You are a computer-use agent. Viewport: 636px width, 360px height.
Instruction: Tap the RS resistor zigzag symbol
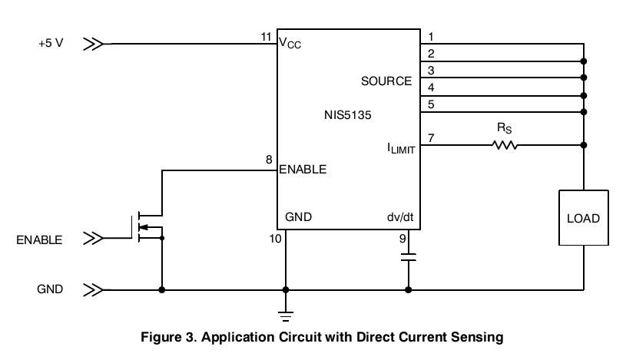coord(505,145)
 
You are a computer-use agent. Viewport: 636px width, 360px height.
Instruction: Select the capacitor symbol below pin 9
coord(408,257)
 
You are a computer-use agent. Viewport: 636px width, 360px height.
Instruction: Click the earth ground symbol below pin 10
coord(286,316)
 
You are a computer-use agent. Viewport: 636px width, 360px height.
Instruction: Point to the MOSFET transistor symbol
coord(146,227)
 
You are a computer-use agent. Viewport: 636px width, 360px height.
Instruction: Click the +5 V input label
coord(51,43)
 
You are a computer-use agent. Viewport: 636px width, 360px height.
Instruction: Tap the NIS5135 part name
coord(348,115)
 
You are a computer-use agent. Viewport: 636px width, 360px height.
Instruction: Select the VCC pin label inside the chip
coord(290,43)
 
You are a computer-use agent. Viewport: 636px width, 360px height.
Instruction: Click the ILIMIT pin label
coord(401,148)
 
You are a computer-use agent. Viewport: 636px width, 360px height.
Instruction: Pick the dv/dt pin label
coord(400,217)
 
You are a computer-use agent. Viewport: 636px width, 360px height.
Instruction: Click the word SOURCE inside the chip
coord(386,81)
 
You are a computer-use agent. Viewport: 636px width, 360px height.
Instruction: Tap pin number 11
coord(266,37)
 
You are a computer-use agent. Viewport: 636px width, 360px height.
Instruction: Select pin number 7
coord(431,138)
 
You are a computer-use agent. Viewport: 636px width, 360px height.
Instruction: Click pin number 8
coord(269,160)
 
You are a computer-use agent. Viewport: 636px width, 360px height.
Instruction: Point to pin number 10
coord(276,239)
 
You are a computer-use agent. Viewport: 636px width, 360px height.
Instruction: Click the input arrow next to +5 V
coord(93,44)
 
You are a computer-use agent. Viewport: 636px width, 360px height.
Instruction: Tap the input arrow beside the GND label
coord(93,290)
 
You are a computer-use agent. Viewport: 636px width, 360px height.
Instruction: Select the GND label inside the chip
coord(299,217)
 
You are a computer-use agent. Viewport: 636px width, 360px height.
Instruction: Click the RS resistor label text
coord(504,128)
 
